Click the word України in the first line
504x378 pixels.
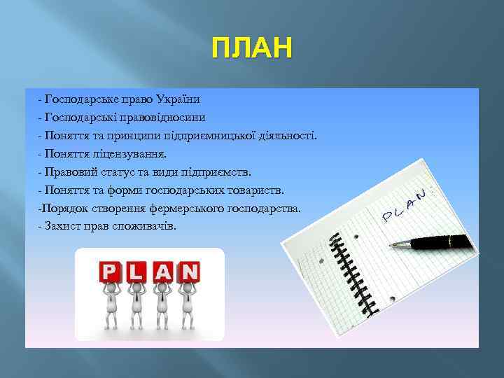coord(178,99)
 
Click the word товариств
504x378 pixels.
coord(254,190)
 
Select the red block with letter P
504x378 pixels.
coord(109,271)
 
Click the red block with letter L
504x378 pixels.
coord(137,271)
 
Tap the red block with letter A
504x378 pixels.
coord(163,271)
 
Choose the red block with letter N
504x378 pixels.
coord(189,271)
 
